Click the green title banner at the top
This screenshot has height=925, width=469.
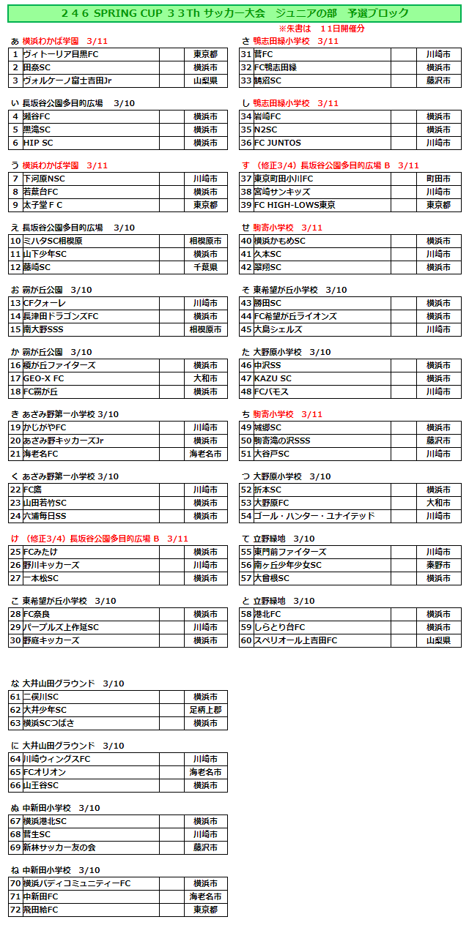(234, 13)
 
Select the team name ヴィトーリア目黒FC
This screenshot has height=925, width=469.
(60, 54)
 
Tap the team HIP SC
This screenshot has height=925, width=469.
(38, 143)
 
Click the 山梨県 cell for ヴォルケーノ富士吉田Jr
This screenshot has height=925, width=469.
(205, 80)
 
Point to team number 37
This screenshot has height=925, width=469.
(246, 179)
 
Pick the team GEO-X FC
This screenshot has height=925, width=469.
(43, 378)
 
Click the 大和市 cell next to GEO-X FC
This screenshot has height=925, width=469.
(205, 378)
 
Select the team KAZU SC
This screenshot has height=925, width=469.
(273, 378)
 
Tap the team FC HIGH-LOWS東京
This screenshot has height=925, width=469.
(295, 205)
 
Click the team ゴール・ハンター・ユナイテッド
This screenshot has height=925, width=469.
(315, 516)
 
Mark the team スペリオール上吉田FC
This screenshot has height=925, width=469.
(295, 640)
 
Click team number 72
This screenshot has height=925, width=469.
(15, 910)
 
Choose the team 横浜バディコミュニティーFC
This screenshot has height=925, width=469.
(76, 883)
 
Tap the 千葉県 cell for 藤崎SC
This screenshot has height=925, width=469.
(205, 267)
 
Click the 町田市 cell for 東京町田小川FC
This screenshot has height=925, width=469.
(438, 179)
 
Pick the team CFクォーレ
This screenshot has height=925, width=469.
(45, 303)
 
